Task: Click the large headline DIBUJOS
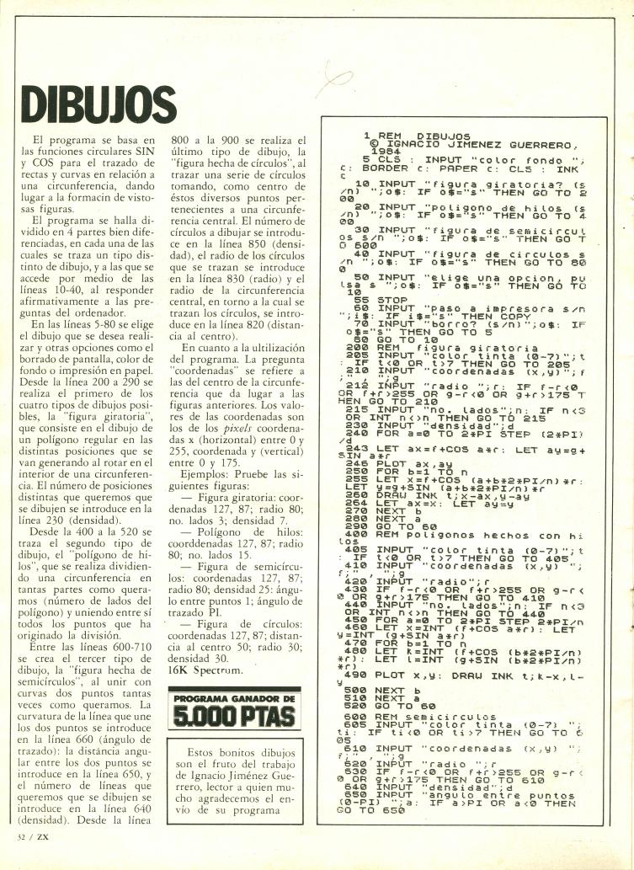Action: (94, 103)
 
